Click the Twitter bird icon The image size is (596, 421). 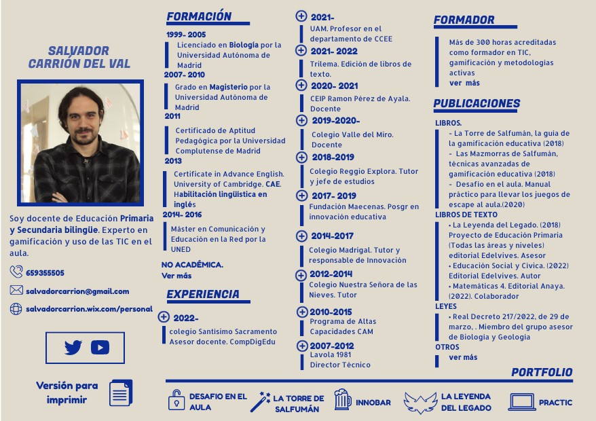[73, 348]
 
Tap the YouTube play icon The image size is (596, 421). [100, 348]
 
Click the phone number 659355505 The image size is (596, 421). [45, 273]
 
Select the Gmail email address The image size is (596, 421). [77, 291]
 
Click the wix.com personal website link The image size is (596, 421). [89, 309]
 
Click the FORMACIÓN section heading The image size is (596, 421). [199, 17]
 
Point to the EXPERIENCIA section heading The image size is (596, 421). [203, 295]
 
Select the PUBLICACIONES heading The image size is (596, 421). [477, 104]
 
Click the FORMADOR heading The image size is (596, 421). [464, 20]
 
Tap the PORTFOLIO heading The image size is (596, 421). [542, 372]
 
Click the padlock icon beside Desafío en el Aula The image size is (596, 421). [176, 401]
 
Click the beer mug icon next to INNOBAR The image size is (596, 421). [343, 401]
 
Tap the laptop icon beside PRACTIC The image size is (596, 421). [522, 402]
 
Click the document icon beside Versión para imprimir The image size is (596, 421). [121, 393]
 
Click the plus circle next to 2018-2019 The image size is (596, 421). [301, 157]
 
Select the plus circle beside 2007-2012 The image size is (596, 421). [301, 346]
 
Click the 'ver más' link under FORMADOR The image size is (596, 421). [464, 83]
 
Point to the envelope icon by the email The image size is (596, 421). [16, 291]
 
